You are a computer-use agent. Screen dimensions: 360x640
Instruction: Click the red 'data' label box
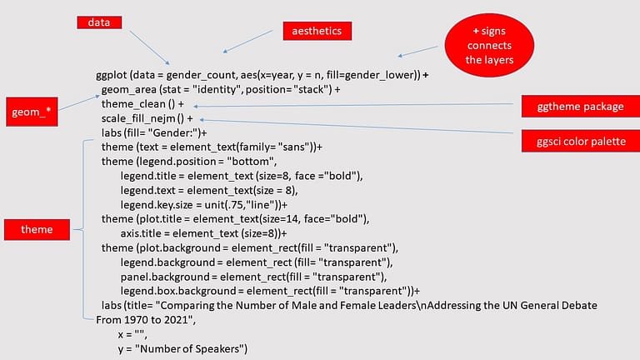[x=105, y=22]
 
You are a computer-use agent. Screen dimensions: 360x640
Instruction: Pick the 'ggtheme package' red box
[x=573, y=106]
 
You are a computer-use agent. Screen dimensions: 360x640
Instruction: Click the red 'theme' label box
[x=37, y=228]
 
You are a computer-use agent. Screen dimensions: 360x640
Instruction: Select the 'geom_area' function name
[x=127, y=89]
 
